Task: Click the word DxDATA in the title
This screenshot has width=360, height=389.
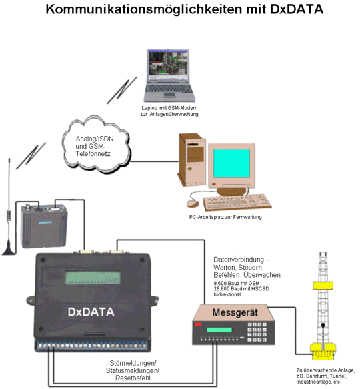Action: pyautogui.click(x=297, y=9)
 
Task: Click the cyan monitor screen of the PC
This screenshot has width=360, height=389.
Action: pyautogui.click(x=231, y=163)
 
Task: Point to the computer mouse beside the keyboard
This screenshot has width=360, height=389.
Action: pyautogui.click(x=193, y=204)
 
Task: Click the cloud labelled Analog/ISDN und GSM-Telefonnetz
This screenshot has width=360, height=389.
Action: pyautogui.click(x=96, y=145)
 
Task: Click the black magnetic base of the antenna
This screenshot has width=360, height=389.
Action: pyautogui.click(x=9, y=251)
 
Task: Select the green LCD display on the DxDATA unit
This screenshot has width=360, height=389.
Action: pyautogui.click(x=93, y=278)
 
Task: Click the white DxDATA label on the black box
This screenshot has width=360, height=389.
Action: pyautogui.click(x=91, y=312)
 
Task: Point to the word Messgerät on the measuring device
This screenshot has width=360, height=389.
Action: pyautogui.click(x=235, y=312)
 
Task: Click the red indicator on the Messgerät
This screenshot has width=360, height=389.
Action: pyautogui.click(x=198, y=324)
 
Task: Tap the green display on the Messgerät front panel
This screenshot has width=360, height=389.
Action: pyautogui.click(x=219, y=330)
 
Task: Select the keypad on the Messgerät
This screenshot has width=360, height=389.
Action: pyautogui.click(x=257, y=332)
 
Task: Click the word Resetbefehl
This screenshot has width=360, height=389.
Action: pyautogui.click(x=133, y=378)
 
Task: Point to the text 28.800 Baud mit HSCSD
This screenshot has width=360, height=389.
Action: pyautogui.click(x=241, y=289)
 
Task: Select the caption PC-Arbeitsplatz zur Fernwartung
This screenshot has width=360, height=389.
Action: pyautogui.click(x=225, y=217)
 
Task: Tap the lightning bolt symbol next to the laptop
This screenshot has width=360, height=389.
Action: pyautogui.click(x=122, y=90)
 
